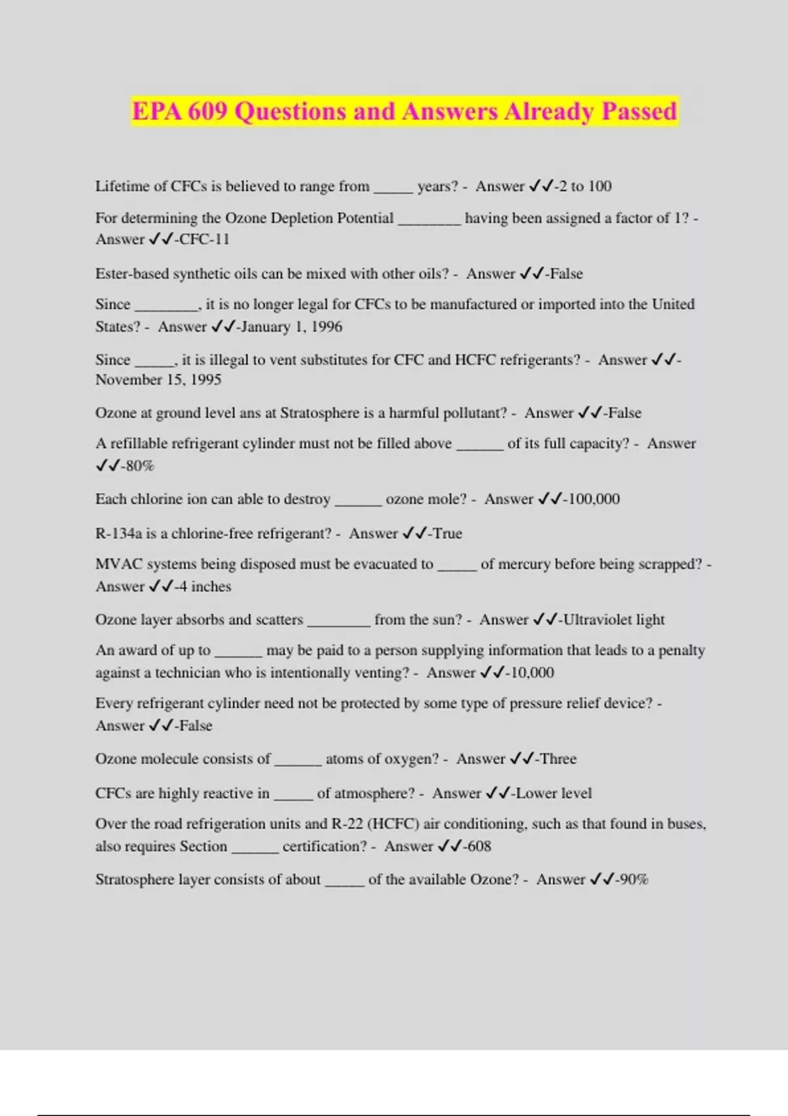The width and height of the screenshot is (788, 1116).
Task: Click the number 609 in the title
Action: point(206,112)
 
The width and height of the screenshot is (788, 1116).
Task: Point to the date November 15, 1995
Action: point(158,380)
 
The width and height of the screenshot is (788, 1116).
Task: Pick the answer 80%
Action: point(140,466)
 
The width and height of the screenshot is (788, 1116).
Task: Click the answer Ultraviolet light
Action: point(614,620)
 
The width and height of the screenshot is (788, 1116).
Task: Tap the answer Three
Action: point(558,760)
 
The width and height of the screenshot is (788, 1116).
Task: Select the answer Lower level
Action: point(554,794)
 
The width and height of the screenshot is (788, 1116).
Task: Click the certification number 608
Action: point(479,847)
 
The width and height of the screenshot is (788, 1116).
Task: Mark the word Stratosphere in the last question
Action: point(135,880)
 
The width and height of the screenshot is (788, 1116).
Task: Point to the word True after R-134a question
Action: point(447,534)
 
